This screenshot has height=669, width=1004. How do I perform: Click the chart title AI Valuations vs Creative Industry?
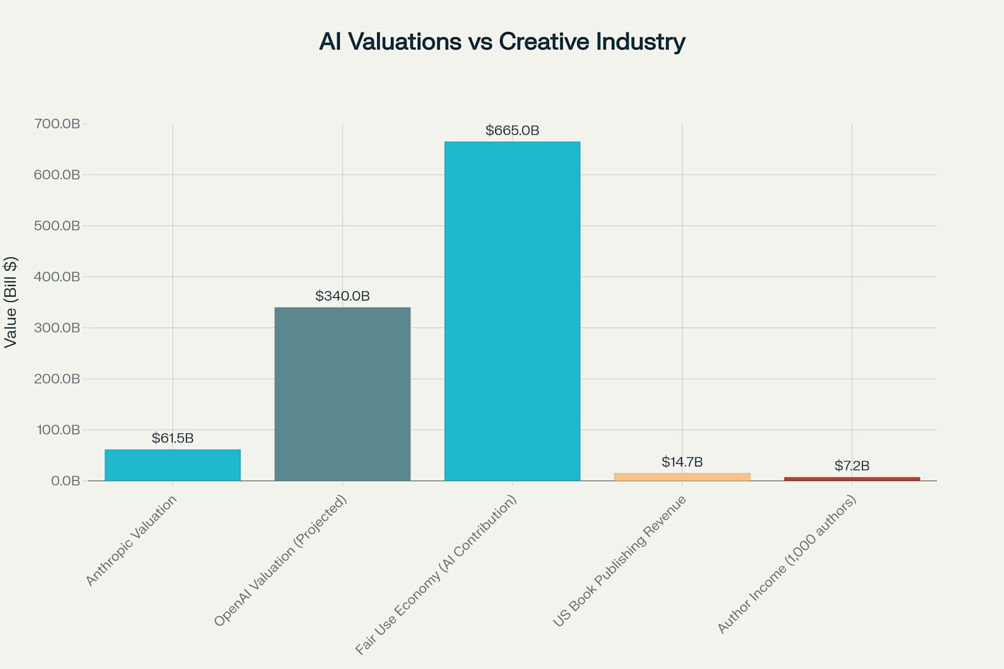point(502,41)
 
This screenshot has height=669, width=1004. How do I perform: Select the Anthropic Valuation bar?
point(173,465)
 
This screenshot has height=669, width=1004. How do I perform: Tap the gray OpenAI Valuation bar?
point(343,394)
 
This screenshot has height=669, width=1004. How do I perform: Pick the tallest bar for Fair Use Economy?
point(512,311)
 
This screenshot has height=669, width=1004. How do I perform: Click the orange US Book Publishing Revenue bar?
point(682,477)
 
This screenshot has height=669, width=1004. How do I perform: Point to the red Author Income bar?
point(852,479)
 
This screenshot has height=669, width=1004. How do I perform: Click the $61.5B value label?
point(173,438)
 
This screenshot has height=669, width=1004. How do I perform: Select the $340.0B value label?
point(343,296)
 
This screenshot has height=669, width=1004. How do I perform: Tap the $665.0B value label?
point(512,130)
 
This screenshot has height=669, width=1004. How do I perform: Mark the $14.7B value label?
point(682,462)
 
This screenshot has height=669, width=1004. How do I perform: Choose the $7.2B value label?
point(852,465)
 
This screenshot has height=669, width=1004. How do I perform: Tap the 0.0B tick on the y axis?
point(65,481)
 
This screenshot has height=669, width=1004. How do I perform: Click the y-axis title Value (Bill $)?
point(10,302)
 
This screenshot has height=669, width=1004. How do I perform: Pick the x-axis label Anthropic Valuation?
point(131,540)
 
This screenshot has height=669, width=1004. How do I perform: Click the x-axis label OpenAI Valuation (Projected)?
point(280,561)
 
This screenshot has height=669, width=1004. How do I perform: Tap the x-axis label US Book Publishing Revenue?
point(620,561)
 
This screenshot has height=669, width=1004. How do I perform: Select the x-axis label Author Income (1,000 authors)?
point(786,564)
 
